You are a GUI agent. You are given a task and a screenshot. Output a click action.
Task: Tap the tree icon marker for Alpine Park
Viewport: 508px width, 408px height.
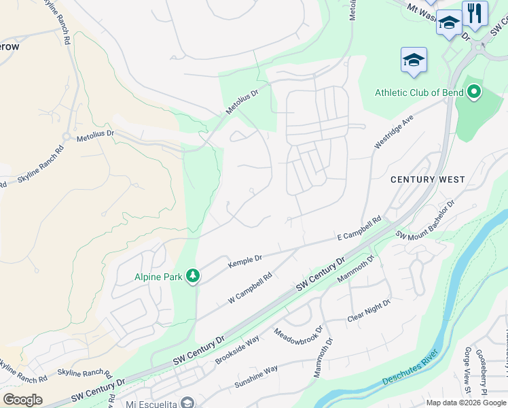point(194,275)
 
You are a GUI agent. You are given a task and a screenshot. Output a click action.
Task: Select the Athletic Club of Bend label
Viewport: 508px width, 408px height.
point(419,92)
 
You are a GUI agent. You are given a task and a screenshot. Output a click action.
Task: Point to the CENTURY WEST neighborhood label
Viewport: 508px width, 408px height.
point(428,180)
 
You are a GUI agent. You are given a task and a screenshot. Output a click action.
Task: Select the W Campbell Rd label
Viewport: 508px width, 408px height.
point(250,288)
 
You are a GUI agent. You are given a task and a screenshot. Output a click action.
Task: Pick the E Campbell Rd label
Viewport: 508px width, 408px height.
point(360,230)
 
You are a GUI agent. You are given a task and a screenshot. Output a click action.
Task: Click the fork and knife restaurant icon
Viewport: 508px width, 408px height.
point(475,14)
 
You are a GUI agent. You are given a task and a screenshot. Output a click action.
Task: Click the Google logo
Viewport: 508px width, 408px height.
point(22,400)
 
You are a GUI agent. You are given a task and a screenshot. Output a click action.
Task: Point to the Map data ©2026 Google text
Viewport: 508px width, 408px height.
point(466,403)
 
